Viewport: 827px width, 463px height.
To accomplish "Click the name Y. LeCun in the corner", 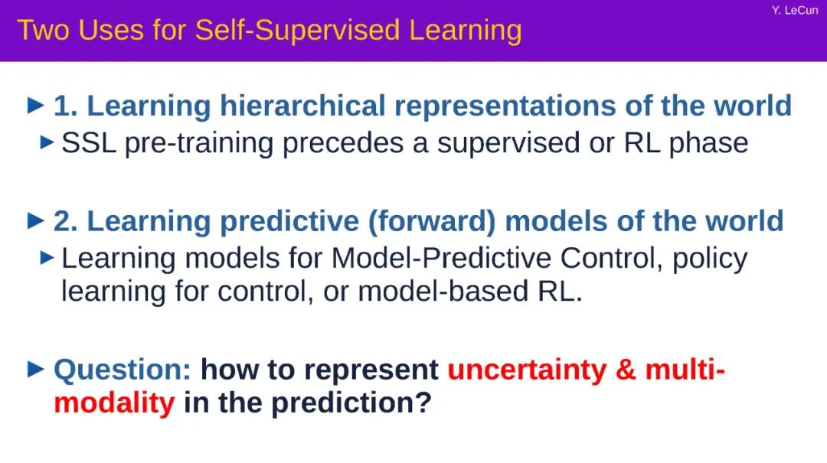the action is (794, 10).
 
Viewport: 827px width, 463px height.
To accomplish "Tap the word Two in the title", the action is (43, 30).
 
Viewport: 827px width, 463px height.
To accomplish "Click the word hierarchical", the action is (302, 106).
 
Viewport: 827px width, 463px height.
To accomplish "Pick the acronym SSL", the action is (89, 143).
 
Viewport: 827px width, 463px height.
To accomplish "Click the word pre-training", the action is (199, 144).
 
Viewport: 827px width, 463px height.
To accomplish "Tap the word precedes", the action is (343, 144).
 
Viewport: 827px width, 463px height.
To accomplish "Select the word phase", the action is (708, 144).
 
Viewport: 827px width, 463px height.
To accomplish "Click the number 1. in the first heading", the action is (65, 106).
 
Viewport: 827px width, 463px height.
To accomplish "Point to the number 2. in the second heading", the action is (65, 221).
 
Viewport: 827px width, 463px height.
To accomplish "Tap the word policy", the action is (710, 259).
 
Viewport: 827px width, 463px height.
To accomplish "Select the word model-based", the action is (443, 291).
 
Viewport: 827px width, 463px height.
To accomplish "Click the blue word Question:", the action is (123, 370).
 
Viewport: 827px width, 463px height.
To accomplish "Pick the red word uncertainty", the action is (527, 370).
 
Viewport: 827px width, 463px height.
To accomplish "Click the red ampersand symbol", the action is (626, 370).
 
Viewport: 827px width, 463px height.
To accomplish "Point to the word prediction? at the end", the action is (351, 403).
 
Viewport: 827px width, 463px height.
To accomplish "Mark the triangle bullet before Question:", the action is (35, 369).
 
